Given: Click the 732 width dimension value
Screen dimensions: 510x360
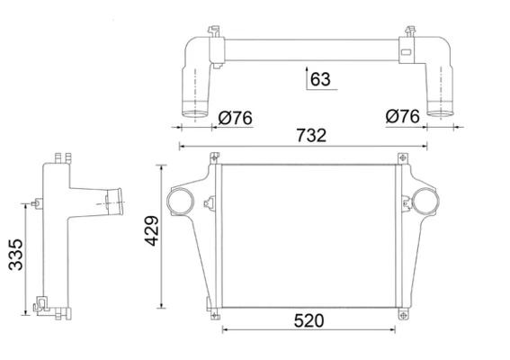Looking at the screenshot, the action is (311, 135).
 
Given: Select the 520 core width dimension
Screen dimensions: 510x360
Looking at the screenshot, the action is (309, 320).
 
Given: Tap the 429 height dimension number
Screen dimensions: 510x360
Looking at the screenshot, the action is (152, 230).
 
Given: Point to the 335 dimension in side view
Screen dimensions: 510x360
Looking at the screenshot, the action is (15, 255).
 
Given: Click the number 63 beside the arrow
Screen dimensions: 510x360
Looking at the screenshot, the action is (320, 79).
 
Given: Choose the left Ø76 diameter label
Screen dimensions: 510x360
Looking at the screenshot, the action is (235, 118).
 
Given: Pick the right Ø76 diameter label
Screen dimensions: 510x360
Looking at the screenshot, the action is (403, 116).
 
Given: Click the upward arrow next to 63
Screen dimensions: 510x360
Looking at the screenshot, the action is (307, 78).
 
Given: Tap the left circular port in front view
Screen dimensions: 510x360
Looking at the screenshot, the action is (180, 202).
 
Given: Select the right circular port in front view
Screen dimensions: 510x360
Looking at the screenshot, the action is (425, 202).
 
